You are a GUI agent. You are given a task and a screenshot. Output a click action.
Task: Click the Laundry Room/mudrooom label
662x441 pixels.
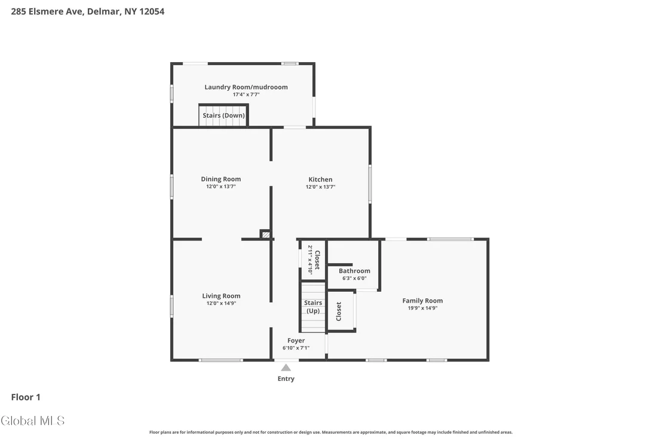click(246, 87)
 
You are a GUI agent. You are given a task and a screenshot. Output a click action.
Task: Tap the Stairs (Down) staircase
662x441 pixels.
click(223, 115)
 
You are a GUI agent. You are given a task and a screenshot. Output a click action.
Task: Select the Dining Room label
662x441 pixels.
click(221, 179)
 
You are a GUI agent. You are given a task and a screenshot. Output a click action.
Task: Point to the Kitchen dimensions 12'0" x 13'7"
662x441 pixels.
click(320, 187)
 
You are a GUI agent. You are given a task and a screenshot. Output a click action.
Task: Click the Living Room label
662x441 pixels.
click(221, 296)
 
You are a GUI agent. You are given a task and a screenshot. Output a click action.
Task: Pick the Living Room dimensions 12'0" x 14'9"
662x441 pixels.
click(221, 303)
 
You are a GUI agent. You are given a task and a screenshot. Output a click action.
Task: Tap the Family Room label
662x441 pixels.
click(422, 301)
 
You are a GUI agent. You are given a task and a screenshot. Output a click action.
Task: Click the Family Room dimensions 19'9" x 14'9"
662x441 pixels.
click(422, 308)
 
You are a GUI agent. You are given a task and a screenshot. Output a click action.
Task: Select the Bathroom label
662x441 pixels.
click(354, 271)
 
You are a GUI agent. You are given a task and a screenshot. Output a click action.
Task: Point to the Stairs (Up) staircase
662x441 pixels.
click(313, 307)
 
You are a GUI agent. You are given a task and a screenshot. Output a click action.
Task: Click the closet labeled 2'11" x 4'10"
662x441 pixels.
click(313, 260)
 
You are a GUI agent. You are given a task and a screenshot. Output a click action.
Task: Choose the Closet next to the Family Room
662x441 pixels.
click(341, 311)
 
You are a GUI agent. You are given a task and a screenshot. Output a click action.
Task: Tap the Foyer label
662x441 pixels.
click(296, 341)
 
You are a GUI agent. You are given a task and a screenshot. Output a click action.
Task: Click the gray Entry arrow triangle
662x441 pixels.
click(286, 368)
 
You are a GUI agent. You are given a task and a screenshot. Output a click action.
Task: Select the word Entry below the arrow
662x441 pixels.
click(286, 378)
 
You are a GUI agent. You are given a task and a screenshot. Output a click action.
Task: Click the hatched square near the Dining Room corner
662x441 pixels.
click(265, 234)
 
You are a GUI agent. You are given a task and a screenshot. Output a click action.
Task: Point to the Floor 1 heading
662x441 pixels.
click(26, 397)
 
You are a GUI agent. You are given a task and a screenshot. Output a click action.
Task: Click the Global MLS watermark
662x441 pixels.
click(32, 420)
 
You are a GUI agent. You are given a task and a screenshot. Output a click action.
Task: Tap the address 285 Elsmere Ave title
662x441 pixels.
click(88, 11)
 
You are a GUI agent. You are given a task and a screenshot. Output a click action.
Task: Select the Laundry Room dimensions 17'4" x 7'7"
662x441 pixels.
click(246, 94)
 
